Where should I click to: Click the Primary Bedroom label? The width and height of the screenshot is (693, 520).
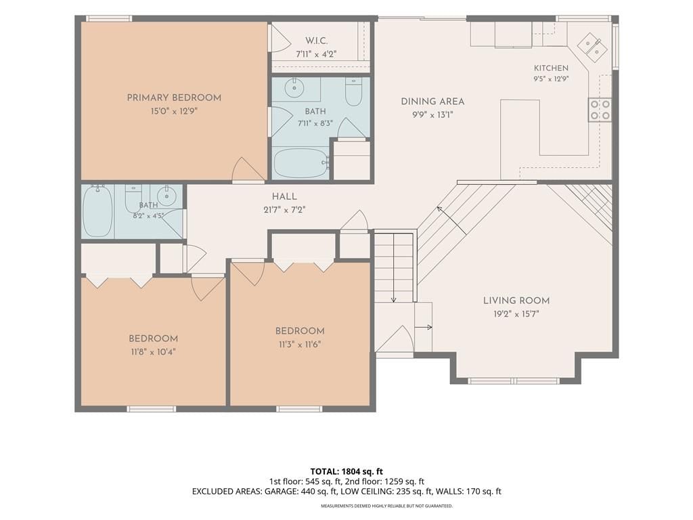click(174, 97)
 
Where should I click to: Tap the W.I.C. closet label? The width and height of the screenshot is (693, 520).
click(316, 41)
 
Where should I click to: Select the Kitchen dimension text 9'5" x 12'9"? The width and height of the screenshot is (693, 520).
click(550, 79)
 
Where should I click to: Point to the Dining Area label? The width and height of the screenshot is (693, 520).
click(432, 102)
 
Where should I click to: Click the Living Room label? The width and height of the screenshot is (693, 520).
click(516, 301)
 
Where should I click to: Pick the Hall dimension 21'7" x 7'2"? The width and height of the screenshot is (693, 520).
click(284, 210)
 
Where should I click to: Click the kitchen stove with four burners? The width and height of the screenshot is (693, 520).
click(600, 110)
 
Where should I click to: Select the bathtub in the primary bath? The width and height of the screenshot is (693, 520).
click(300, 163)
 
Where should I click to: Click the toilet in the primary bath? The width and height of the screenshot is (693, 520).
click(353, 92)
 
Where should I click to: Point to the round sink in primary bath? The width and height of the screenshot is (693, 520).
click(294, 88)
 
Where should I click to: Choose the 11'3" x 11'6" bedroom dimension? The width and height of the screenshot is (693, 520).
click(300, 345)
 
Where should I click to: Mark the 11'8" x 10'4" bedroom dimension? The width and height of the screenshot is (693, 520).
click(154, 352)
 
